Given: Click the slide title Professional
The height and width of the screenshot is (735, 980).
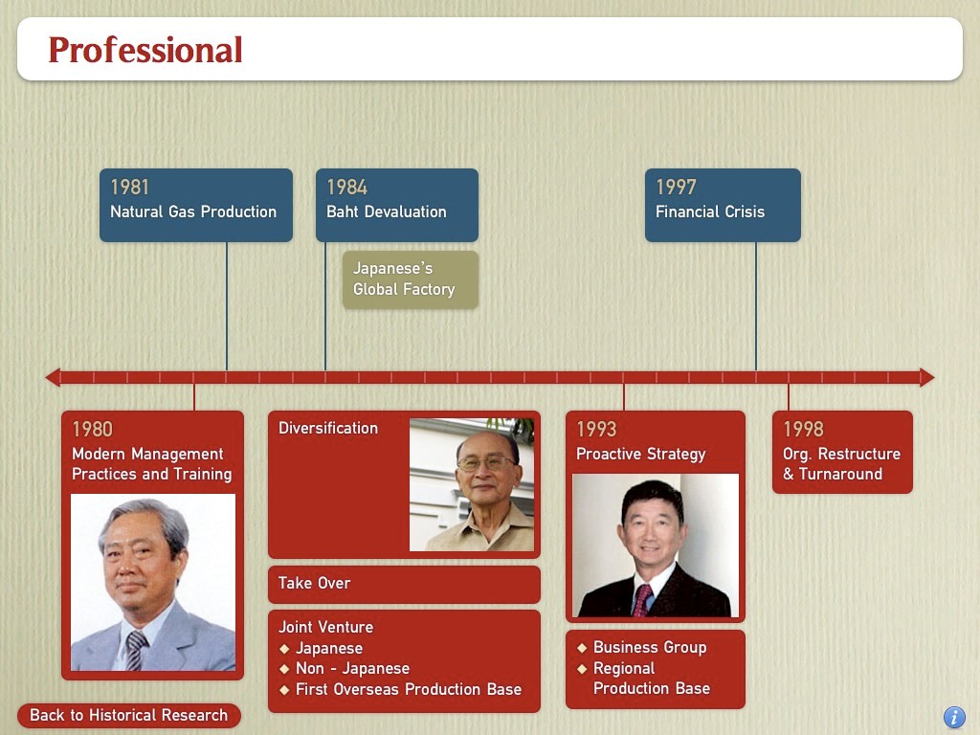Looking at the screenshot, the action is click(145, 50).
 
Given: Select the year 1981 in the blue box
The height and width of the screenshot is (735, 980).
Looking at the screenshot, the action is click(130, 187).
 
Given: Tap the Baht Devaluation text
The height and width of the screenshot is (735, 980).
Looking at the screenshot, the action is click(387, 212).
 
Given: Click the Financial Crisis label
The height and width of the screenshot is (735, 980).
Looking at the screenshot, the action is click(710, 212).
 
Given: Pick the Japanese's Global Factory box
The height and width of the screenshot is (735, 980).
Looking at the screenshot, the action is click(410, 279).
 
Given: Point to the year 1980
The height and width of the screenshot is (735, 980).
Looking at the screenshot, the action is click(93, 429).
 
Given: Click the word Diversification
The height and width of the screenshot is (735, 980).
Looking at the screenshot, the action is click(328, 428).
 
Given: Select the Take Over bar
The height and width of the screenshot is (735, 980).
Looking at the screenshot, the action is click(404, 584).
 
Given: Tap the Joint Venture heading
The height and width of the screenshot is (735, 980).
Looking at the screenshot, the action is click(325, 627).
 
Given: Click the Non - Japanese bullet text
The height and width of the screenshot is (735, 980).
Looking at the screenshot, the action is click(352, 668).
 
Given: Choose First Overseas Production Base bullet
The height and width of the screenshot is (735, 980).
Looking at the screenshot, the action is click(409, 689).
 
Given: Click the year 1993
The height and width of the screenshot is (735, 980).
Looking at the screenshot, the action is click(596, 429).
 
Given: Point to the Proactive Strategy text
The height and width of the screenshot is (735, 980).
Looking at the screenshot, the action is click(640, 454).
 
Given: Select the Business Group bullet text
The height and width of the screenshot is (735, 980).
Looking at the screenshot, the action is click(650, 647).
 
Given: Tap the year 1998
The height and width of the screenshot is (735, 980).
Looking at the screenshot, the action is click(803, 429).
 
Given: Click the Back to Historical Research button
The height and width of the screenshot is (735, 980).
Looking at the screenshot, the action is click(129, 715).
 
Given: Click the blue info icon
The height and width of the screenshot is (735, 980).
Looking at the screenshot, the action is click(954, 717).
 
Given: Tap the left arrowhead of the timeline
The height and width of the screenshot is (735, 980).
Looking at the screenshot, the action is click(53, 377).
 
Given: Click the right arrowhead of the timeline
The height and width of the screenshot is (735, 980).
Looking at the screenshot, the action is click(927, 377).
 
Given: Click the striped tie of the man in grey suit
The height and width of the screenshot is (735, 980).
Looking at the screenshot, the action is click(136, 650).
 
